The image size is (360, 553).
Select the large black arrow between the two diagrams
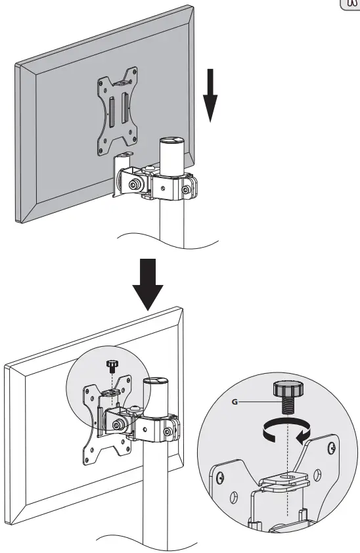click(x=151, y=283)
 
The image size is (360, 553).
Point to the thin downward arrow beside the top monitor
click(x=210, y=99)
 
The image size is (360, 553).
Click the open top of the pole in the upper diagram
click(x=173, y=141)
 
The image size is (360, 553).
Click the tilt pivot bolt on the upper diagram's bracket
click(x=134, y=185)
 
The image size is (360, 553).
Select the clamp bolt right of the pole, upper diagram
click(x=187, y=190)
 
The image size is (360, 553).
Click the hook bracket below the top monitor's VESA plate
click(x=123, y=158)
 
